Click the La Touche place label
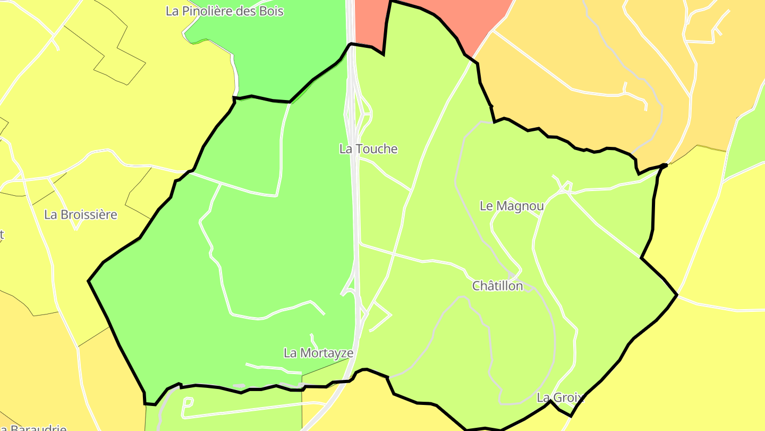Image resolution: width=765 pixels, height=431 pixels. click(x=368, y=149)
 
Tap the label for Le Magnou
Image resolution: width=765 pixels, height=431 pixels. click(x=512, y=206)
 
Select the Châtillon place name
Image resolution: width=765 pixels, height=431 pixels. click(x=498, y=286)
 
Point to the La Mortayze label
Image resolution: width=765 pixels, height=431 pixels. click(x=318, y=353)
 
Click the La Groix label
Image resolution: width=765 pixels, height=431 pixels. click(x=560, y=397)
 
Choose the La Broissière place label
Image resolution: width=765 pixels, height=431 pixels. click(x=81, y=215)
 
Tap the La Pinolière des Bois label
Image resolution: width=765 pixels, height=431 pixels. click(x=225, y=11)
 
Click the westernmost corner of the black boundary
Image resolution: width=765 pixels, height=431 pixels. click(x=89, y=281)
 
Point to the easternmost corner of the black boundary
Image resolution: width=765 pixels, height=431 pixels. click(x=677, y=294)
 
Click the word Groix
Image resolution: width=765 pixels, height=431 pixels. click(x=568, y=397)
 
